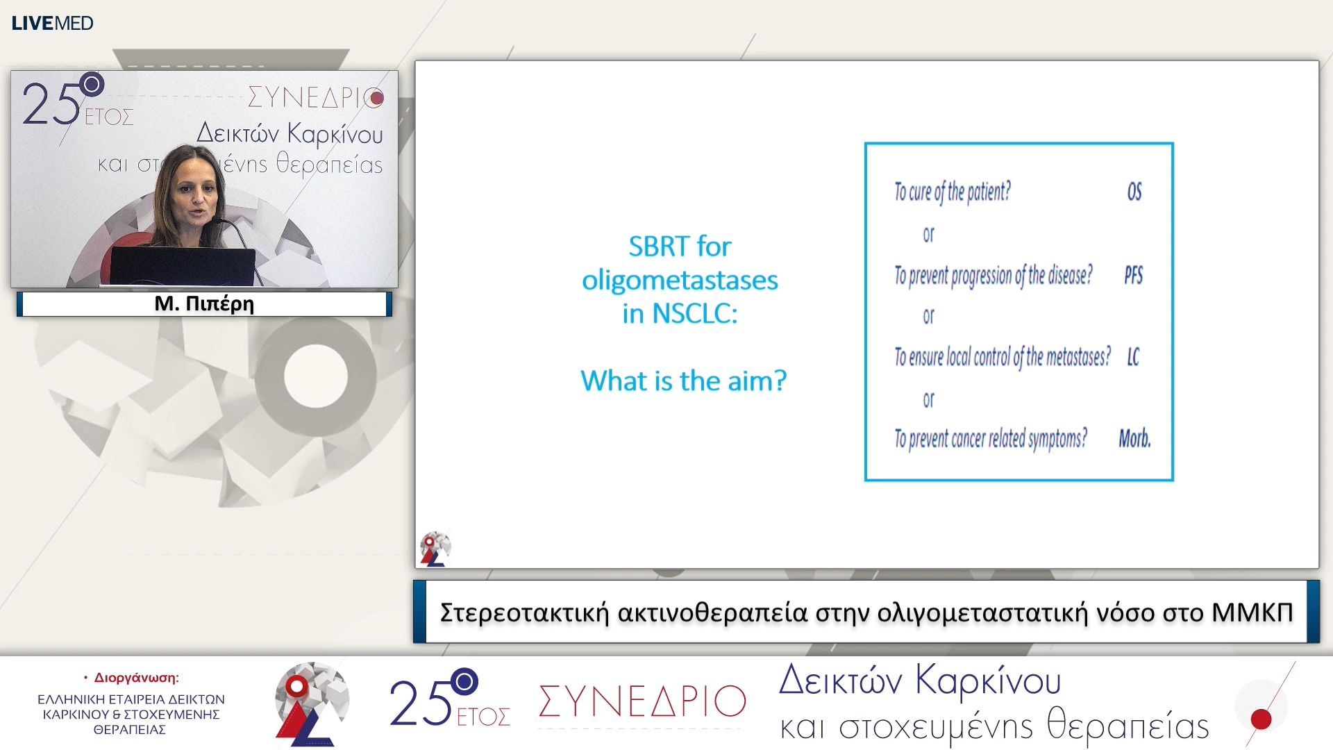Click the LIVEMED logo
52,23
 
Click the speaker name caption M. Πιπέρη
204,303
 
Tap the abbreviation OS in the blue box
1134,192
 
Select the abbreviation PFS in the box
1133,276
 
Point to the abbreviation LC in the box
1133,357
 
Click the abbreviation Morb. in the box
1134,438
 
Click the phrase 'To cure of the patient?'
952,192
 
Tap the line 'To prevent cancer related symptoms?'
990,438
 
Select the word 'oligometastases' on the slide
680,281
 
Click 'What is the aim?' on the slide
683,381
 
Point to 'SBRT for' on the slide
680,247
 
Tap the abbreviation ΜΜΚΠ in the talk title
1252,612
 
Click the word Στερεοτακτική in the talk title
524,612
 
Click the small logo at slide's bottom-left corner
435,549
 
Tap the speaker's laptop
182,265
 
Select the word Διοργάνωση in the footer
136,677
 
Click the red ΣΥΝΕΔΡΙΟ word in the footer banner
642,701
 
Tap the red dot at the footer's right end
1261,719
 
